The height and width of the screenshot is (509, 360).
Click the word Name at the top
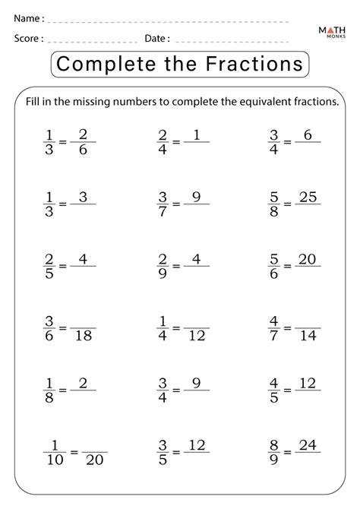pos(27,17)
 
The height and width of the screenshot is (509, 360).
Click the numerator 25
pos(308,198)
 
